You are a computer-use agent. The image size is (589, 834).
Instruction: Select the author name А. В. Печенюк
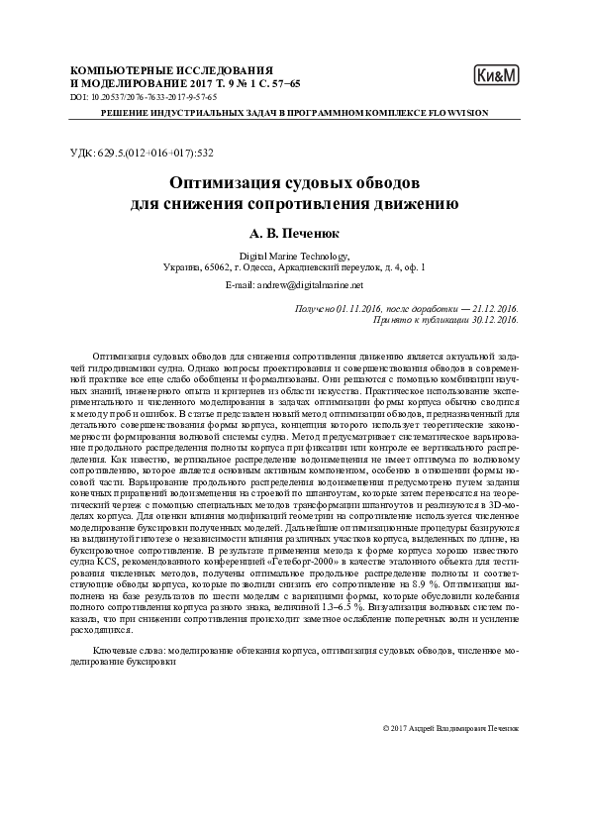coord(294,236)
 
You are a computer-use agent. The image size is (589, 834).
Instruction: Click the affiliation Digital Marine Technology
coord(294,256)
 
